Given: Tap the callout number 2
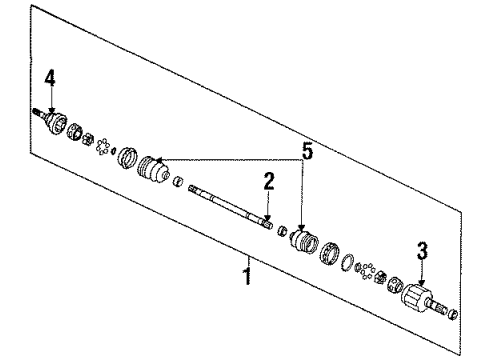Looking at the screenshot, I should pos(268,182).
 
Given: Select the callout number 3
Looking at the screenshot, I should pos(422,249).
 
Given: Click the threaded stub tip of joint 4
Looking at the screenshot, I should pos(36,111).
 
